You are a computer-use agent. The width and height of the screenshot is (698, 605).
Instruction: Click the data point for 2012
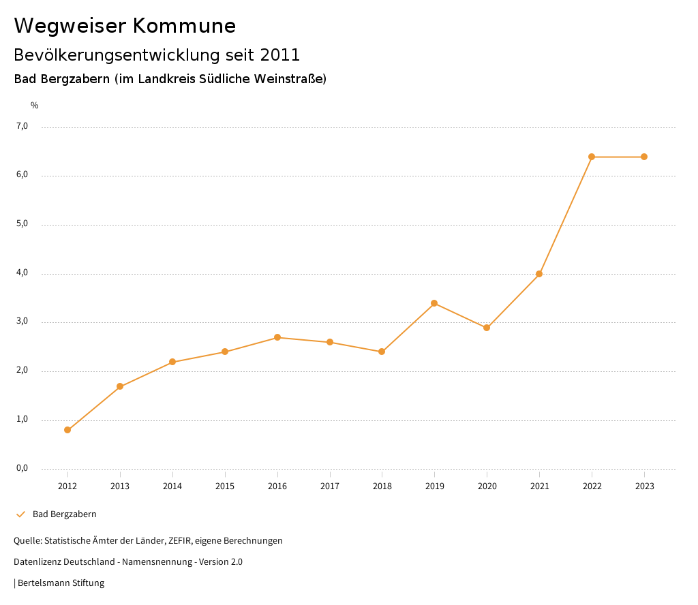(x=67, y=430)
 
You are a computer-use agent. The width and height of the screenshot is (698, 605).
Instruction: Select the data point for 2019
(x=434, y=303)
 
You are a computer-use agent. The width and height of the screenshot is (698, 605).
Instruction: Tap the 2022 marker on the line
(x=592, y=157)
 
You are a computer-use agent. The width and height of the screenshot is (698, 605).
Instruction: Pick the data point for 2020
(x=487, y=328)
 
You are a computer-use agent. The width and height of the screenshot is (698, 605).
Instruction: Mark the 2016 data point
(x=277, y=337)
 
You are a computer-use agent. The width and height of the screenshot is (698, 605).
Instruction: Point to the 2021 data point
(x=539, y=274)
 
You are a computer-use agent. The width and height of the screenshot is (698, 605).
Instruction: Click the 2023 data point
(x=644, y=157)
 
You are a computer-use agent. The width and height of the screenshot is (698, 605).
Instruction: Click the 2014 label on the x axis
(x=172, y=486)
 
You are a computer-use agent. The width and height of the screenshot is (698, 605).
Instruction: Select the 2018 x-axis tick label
(x=382, y=486)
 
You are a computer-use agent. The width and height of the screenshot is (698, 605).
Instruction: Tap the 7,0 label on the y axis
(x=22, y=126)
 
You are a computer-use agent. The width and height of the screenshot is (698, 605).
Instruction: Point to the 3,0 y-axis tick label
(x=22, y=322)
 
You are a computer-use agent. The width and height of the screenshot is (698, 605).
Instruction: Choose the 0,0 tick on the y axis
(x=22, y=468)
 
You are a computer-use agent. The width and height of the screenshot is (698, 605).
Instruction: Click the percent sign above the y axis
(x=35, y=106)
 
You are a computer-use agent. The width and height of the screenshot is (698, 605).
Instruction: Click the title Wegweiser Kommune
(x=125, y=26)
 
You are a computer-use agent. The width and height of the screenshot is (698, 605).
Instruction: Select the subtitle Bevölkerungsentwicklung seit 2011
(x=157, y=55)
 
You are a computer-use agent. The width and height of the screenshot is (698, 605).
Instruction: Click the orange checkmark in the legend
(x=20, y=514)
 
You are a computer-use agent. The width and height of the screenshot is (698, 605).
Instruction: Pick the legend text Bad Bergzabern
(x=65, y=514)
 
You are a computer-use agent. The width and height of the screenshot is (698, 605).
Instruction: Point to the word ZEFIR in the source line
(x=180, y=541)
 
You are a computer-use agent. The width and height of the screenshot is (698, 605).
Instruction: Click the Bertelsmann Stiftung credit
(x=61, y=583)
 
